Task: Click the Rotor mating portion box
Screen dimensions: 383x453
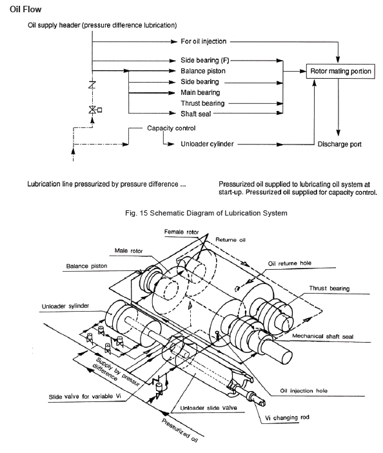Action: coord(340,71)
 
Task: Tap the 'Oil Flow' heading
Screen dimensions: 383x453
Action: coord(25,9)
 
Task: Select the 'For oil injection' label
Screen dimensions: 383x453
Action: coord(204,41)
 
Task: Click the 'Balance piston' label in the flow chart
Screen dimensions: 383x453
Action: coord(203,71)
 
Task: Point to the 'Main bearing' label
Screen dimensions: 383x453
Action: coord(201,92)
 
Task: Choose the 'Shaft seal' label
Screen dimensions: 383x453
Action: coord(195,114)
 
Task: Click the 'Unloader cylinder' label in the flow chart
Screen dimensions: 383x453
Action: coord(207,144)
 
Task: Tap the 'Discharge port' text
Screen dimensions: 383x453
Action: coord(339,144)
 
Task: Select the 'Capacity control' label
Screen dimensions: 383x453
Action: coord(171,128)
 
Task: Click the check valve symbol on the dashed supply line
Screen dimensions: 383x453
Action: coord(92,85)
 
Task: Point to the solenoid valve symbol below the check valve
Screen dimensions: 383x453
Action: coord(93,110)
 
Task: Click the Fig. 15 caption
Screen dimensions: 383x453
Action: coord(206,213)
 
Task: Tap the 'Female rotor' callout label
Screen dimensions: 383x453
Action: coord(182,232)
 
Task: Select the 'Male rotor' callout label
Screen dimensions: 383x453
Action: coord(128,250)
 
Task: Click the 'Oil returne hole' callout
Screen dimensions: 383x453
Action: coord(290,263)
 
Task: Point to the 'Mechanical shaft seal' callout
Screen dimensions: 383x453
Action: coord(322,336)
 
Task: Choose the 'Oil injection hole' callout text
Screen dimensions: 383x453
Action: coord(304,390)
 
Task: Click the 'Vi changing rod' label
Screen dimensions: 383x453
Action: coord(287,418)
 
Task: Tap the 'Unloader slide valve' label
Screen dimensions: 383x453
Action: coord(208,408)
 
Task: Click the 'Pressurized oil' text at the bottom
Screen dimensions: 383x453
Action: coord(179,430)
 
